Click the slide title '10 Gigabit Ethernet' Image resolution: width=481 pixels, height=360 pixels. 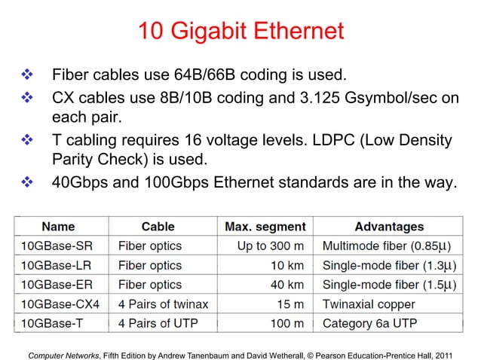[x=240, y=32]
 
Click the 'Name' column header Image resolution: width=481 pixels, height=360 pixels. [x=58, y=226]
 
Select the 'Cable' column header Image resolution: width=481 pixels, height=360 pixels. [x=158, y=226]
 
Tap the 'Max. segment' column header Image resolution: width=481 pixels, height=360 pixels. [x=265, y=226]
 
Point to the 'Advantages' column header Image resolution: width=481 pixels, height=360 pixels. [x=389, y=226]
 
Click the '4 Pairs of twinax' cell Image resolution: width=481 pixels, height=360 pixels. [x=163, y=304]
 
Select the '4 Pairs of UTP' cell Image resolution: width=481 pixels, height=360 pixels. [x=155, y=324]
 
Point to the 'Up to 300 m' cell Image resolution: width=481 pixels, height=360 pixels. [x=271, y=246]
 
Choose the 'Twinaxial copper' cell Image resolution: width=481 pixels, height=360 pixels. [x=369, y=304]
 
